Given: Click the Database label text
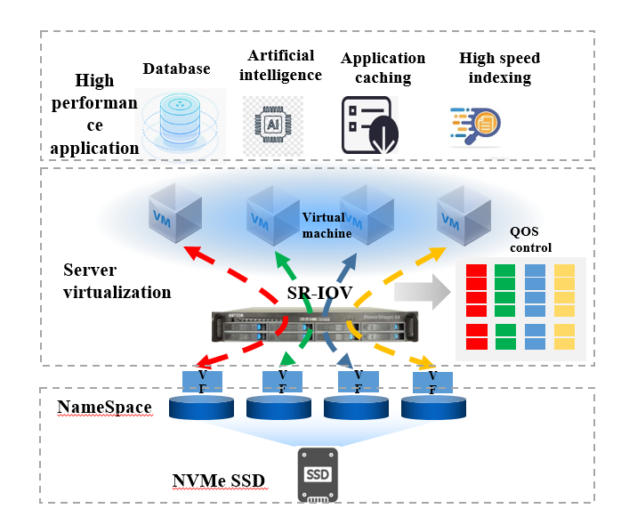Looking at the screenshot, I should pos(176,69).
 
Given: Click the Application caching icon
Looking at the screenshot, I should pos(366,123).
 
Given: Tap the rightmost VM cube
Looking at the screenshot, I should pos(463,213).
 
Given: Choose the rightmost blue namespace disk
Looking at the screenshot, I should pos(434,408).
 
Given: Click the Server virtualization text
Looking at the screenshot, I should pos(117,280).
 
